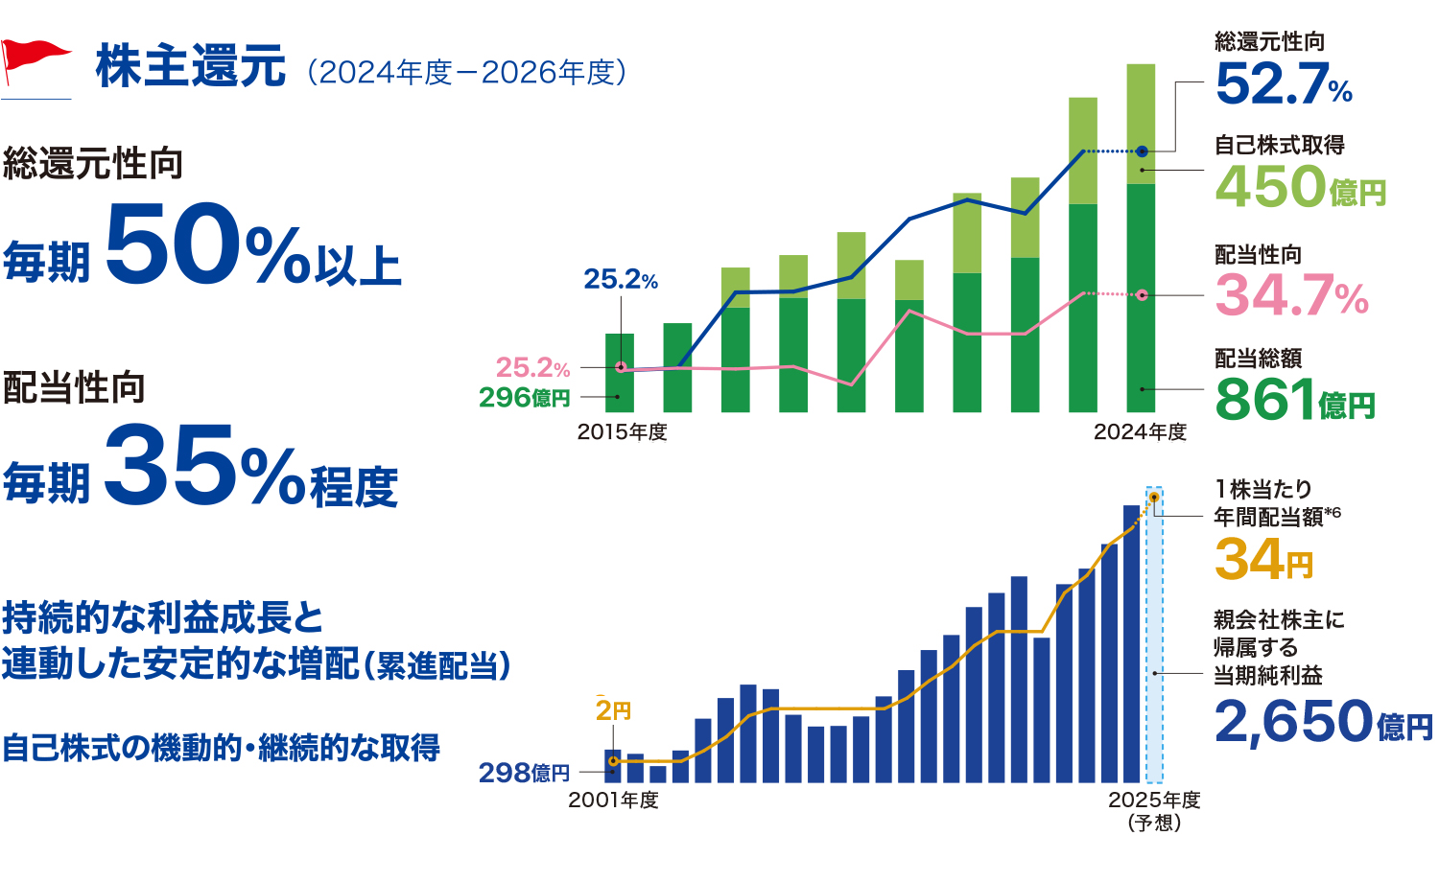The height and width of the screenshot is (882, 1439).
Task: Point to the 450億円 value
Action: click(1300, 186)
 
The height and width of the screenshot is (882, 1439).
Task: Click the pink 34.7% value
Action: click(1291, 295)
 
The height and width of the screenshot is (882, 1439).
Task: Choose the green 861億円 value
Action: click(1294, 400)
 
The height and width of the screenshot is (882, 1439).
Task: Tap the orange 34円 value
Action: click(1262, 559)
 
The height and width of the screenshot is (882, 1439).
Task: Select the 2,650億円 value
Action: click(1323, 721)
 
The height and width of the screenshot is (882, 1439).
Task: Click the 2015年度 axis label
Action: click(622, 432)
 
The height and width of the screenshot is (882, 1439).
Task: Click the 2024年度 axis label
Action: click(1140, 432)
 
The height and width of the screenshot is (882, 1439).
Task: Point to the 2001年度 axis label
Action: click(614, 800)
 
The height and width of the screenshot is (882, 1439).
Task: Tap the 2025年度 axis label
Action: click(1154, 800)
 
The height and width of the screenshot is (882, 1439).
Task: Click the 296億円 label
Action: click(524, 397)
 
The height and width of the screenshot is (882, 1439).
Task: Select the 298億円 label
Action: click(524, 773)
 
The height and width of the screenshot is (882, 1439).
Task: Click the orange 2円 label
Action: click(613, 710)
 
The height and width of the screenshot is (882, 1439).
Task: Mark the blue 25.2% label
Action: click(621, 280)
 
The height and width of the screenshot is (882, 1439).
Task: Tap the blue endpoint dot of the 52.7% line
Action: click(1142, 151)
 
